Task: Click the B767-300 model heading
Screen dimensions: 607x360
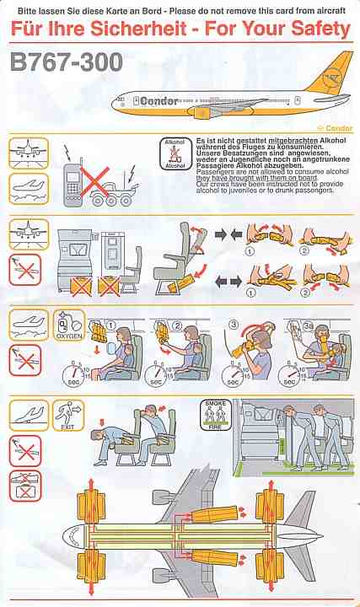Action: coord(67,63)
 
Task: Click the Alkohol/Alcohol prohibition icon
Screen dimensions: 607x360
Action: coord(175,154)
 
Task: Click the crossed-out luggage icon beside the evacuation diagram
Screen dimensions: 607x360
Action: coord(24,486)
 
